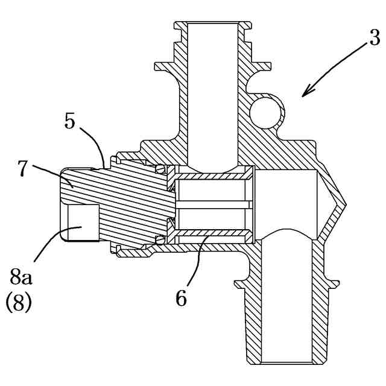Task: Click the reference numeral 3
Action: (x=375, y=39)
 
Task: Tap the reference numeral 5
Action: (x=69, y=121)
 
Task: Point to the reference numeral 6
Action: (x=182, y=299)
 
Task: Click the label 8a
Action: (x=21, y=278)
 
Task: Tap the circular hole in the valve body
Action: (x=265, y=113)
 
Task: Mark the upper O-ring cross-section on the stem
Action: (x=160, y=169)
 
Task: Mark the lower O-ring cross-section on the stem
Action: (x=160, y=240)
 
